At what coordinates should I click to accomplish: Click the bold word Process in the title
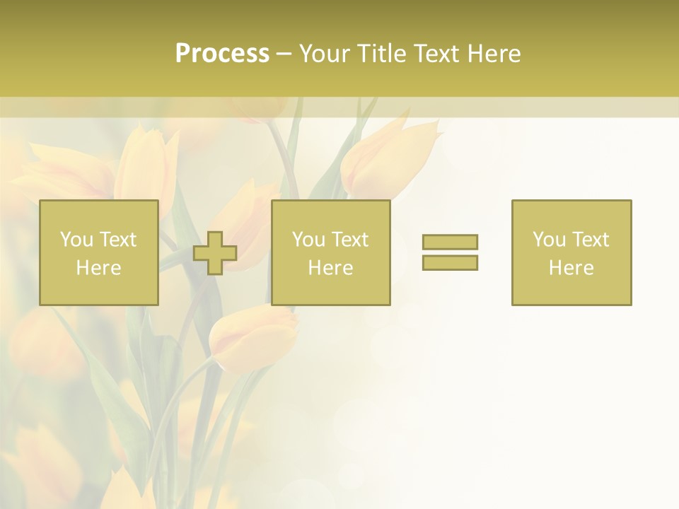pyautogui.click(x=222, y=54)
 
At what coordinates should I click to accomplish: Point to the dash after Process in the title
pyautogui.click(x=284, y=54)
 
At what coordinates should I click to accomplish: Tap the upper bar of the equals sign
pyautogui.click(x=450, y=242)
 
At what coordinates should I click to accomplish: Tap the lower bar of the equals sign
pyautogui.click(x=450, y=262)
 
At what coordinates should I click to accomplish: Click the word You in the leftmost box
pyautogui.click(x=76, y=240)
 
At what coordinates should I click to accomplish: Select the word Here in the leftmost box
pyautogui.click(x=98, y=268)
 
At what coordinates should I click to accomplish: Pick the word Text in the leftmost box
pyautogui.click(x=117, y=240)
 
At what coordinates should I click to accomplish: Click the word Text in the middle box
pyautogui.click(x=349, y=240)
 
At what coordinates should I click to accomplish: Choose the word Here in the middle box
pyautogui.click(x=330, y=268)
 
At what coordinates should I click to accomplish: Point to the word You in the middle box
pyautogui.click(x=308, y=240)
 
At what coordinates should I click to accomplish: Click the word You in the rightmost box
pyautogui.click(x=549, y=240)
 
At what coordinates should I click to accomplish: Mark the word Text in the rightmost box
pyautogui.click(x=590, y=240)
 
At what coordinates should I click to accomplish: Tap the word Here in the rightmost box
pyautogui.click(x=571, y=268)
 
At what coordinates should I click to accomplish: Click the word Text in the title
pyautogui.click(x=434, y=54)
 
